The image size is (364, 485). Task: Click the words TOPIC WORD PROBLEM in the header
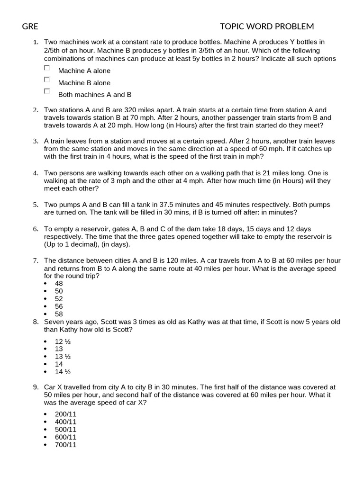coord(267,27)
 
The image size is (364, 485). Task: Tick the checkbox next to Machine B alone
coord(47,80)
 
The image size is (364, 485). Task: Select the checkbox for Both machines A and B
coord(47,91)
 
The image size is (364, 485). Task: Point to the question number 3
coord(35,141)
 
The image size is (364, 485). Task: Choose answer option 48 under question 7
coord(59,283)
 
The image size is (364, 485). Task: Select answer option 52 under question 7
coord(59,299)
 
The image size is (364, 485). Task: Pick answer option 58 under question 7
coord(59,314)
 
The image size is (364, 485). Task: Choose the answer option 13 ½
coord(63,356)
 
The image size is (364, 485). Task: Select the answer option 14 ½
coord(63,372)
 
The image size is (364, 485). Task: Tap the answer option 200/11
coord(65,414)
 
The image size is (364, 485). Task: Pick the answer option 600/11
coord(65,437)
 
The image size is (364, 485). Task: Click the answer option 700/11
coord(65,445)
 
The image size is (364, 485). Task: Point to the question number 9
coord(35,387)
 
